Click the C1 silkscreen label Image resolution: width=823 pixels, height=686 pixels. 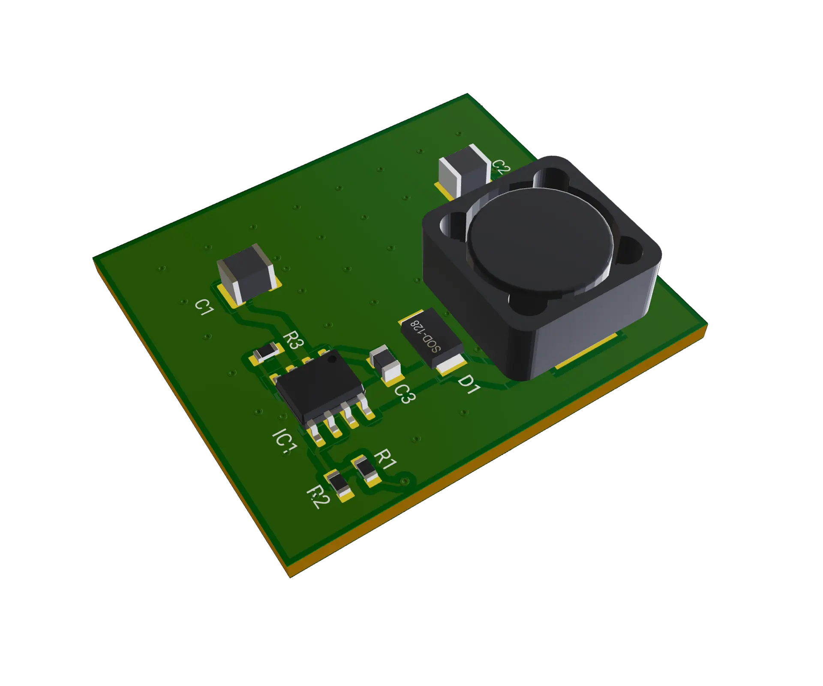pos(204,307)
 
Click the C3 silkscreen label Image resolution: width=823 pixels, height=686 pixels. pos(404,394)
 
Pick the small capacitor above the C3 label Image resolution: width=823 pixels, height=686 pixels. pos(385,365)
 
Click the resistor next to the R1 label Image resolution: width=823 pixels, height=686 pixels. pos(367,471)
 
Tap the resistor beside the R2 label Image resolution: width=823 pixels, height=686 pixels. pos(339,485)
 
